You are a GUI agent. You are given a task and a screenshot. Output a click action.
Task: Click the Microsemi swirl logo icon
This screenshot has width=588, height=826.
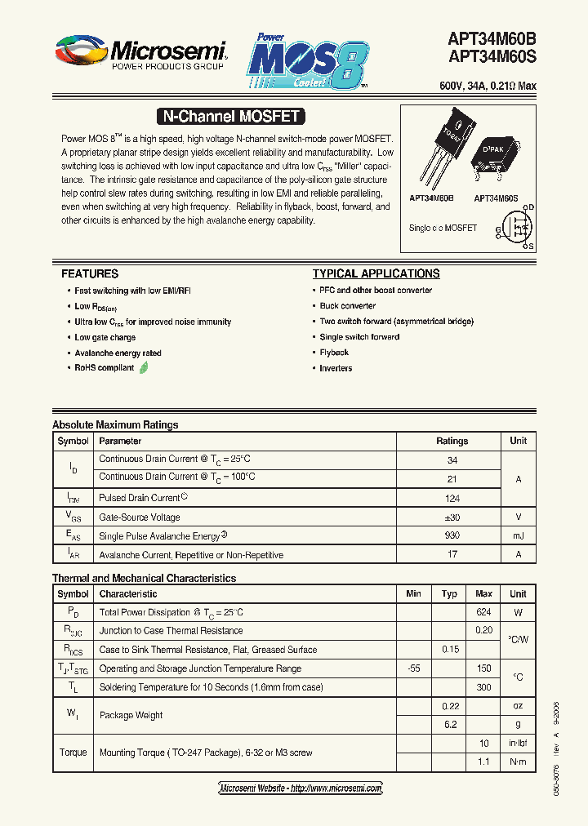pyautogui.click(x=81, y=51)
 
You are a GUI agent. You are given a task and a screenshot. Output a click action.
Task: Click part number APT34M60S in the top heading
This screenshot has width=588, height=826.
pyautogui.click(x=492, y=57)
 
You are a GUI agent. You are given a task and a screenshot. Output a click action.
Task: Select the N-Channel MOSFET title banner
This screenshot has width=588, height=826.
pyautogui.click(x=229, y=117)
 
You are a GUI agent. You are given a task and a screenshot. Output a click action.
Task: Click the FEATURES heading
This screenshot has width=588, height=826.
pyautogui.click(x=90, y=274)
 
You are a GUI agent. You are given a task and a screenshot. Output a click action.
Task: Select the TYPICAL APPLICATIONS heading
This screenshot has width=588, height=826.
pyautogui.click(x=376, y=274)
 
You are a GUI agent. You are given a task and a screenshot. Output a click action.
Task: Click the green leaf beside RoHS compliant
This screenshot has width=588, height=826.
pyautogui.click(x=144, y=368)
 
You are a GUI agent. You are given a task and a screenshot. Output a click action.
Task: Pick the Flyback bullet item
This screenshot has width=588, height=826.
pyautogui.click(x=334, y=353)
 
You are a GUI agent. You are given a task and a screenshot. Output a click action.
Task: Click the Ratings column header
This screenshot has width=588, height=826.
pyautogui.click(x=452, y=441)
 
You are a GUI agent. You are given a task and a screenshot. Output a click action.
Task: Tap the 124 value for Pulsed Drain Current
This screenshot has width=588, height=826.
pyautogui.click(x=452, y=498)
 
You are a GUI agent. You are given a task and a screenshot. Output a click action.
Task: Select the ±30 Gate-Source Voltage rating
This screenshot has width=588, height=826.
pyautogui.click(x=452, y=517)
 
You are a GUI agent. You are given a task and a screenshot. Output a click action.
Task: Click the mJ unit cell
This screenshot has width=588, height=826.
pyautogui.click(x=518, y=536)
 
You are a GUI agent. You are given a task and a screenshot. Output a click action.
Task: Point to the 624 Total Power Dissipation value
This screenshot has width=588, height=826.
pyautogui.click(x=483, y=612)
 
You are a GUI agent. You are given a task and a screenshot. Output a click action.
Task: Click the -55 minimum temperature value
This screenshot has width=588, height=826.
pyautogui.click(x=413, y=668)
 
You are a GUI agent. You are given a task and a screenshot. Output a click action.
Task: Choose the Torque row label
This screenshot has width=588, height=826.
pyautogui.click(x=73, y=753)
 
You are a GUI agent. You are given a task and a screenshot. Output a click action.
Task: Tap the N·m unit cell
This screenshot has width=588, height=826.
pyautogui.click(x=518, y=762)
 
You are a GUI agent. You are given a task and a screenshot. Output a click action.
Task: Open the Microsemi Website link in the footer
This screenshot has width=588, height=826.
pyautogui.click(x=301, y=788)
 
